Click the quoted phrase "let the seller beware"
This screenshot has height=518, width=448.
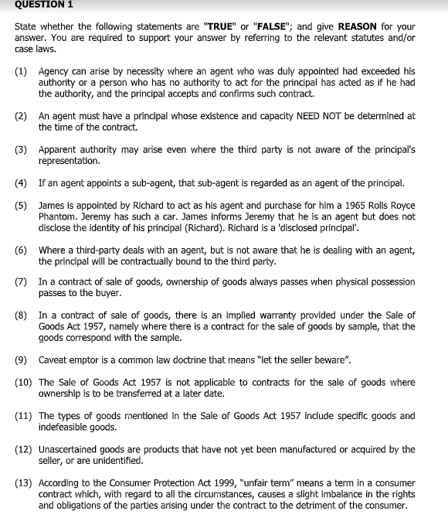click(293, 360)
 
